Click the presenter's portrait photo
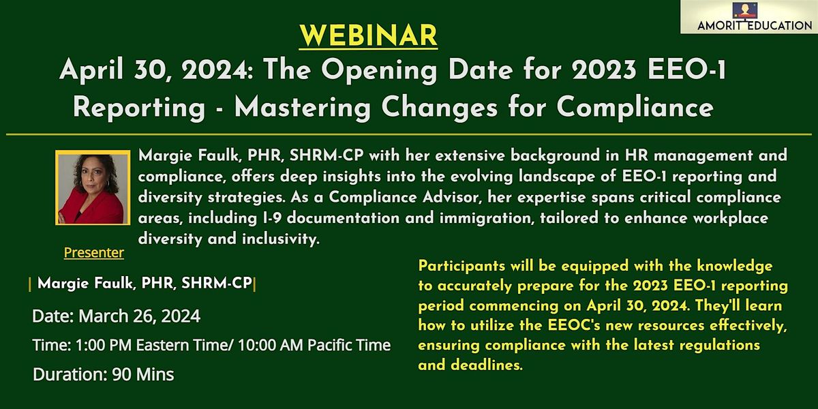pos(93,188)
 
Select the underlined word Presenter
pos(94,253)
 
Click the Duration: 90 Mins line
pos(102,374)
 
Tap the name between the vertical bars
pos(145,284)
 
